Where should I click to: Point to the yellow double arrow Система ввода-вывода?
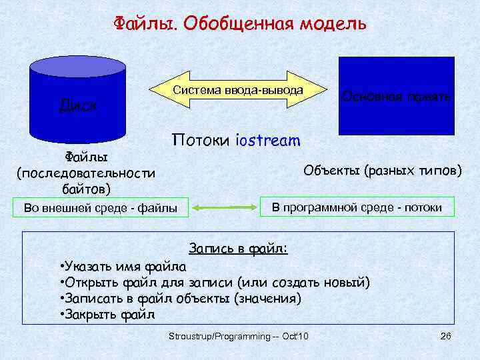(238, 90)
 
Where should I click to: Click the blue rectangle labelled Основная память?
(397, 96)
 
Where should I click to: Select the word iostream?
(268, 141)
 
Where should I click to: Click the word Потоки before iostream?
(201, 141)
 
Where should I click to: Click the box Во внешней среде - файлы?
(101, 208)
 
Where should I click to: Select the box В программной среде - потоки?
(356, 207)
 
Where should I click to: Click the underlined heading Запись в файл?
(239, 249)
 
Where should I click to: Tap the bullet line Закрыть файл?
(107, 313)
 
